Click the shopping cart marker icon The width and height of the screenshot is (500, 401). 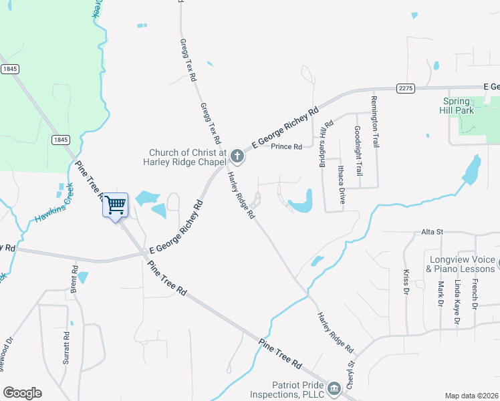pos(115,205)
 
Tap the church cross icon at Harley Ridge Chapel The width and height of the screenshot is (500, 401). pos(237,156)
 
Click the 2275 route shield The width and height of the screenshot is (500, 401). pos(405,88)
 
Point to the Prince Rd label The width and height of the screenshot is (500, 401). pos(287,146)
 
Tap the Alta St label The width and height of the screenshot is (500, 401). pos(432,231)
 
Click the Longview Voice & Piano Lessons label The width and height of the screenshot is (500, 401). pos(461,264)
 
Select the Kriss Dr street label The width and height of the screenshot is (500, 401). pos(406,283)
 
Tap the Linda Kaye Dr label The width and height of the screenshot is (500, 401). pos(458,302)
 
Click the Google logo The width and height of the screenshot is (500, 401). pos(22,393)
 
